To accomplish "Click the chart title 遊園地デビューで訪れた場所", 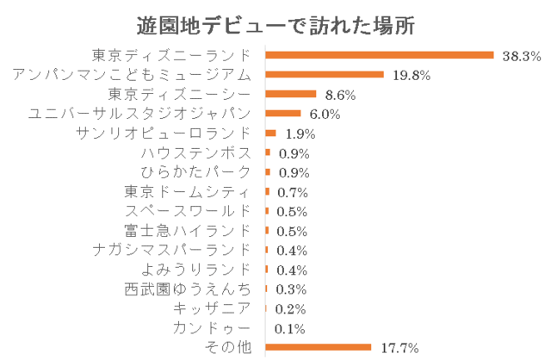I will tap(275, 24).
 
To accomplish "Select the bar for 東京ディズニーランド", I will tap(380, 55).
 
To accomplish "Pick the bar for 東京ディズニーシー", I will tap(291, 94).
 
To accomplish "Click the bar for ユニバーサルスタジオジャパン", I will tap(283, 114).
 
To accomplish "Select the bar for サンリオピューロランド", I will tap(271, 133).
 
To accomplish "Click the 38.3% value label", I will tap(521, 56).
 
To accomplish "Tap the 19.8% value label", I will tap(411, 76).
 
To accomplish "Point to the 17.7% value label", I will tap(399, 348).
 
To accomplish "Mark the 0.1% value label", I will tap(287, 329).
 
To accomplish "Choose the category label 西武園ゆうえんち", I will tap(188, 289).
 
